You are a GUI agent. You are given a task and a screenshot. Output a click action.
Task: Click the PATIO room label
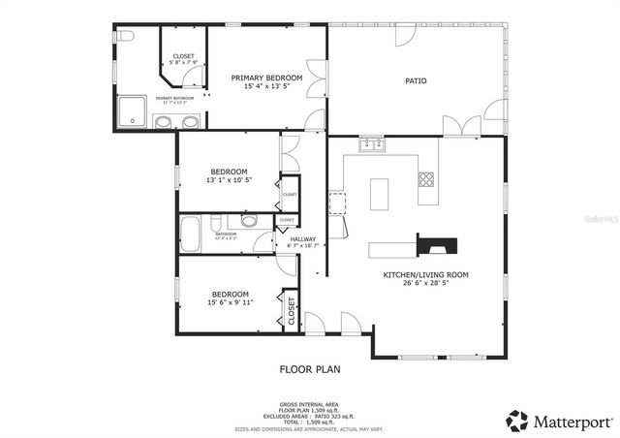click(416, 81)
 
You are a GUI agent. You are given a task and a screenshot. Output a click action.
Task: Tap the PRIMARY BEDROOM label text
click(266, 78)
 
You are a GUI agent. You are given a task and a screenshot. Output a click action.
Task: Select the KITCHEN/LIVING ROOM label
click(425, 275)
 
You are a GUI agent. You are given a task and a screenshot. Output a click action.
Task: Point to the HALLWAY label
click(303, 238)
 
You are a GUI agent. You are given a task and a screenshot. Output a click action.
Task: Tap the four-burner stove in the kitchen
click(426, 178)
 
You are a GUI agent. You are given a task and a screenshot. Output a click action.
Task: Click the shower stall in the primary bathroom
click(132, 112)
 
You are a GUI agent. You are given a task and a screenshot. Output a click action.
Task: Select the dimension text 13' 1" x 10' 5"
click(230, 180)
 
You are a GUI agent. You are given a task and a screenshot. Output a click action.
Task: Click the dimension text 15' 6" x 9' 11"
click(232, 302)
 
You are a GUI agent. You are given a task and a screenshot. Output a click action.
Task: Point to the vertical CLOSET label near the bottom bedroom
click(291, 311)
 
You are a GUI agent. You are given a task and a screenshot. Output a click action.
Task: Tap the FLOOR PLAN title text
click(310, 369)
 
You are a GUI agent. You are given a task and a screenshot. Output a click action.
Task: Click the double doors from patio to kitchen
click(461, 127)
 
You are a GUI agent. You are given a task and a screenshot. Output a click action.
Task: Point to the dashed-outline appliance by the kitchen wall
click(338, 203)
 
